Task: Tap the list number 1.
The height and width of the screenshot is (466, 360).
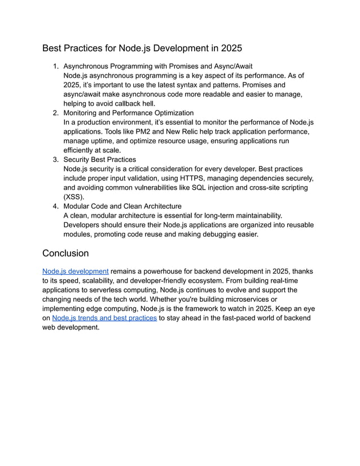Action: point(55,67)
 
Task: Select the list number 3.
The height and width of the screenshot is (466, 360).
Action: point(55,160)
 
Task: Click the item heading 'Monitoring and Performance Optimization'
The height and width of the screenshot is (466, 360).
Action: point(129,113)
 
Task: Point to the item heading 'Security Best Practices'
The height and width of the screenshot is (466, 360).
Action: point(99,160)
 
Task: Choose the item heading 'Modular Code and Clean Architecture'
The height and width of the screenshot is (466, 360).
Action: point(122,206)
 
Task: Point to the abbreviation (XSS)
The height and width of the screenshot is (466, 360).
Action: point(73,197)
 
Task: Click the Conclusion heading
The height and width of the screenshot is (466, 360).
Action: point(65,253)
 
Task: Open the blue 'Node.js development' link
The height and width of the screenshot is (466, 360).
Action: point(76,271)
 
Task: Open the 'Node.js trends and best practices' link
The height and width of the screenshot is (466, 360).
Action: point(104,318)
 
